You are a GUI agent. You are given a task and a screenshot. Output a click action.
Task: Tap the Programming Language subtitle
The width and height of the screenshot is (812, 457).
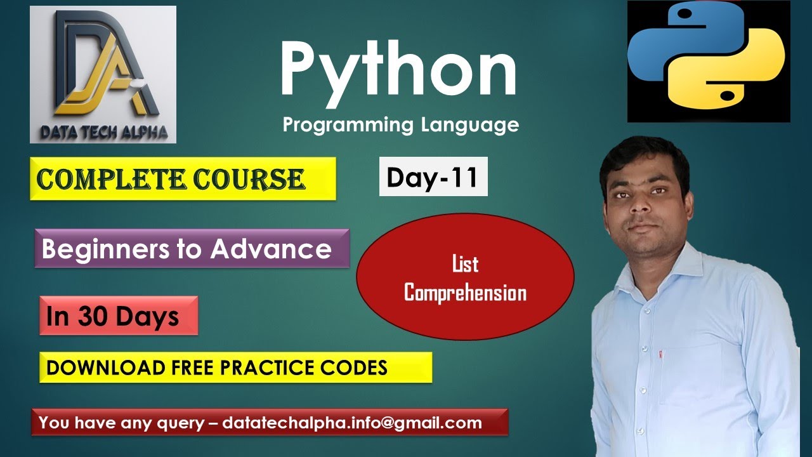point(400,124)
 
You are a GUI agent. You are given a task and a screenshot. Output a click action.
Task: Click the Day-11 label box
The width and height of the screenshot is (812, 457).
point(433,177)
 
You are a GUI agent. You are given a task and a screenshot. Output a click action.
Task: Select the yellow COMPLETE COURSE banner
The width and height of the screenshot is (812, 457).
point(182,180)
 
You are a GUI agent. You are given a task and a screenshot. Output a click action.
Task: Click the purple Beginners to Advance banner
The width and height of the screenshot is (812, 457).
point(192,249)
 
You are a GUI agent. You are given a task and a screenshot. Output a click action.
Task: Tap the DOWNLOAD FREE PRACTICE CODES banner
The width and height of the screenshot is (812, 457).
point(235,368)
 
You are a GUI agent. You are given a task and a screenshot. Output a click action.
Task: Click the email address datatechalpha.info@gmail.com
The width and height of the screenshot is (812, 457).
point(352,423)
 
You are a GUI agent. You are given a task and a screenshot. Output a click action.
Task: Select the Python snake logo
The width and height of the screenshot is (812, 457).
point(708,61)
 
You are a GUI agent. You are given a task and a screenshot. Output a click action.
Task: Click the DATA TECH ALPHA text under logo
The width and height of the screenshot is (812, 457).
point(103,132)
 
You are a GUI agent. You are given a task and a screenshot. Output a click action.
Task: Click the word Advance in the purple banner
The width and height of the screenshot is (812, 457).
point(271,249)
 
